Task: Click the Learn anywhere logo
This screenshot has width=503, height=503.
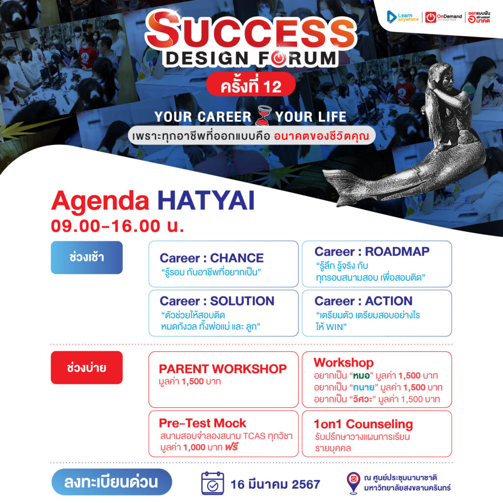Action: click(x=403, y=17)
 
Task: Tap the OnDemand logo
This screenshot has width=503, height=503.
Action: click(x=444, y=17)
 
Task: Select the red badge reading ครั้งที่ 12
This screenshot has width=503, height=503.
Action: click(x=251, y=84)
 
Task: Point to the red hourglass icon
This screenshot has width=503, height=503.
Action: click(x=263, y=116)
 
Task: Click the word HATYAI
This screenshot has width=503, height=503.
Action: click(x=206, y=201)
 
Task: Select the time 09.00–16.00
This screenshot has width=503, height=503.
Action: click(x=106, y=226)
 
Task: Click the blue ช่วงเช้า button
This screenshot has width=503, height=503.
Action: click(x=86, y=257)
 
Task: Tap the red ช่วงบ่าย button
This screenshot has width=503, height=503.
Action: click(x=86, y=367)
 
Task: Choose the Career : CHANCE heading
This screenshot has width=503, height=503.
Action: click(x=212, y=258)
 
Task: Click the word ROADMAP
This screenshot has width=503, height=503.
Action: click(x=397, y=251)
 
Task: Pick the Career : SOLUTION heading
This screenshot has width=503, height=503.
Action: click(x=217, y=301)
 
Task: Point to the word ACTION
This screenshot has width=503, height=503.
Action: click(x=389, y=301)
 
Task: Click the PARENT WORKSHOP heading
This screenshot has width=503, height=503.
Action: click(x=223, y=369)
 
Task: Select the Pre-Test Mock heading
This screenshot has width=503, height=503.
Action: click(x=202, y=423)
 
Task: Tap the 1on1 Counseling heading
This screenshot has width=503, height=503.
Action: click(x=363, y=424)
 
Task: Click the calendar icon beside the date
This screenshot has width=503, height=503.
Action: click(x=212, y=483)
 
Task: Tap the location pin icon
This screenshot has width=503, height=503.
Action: click(x=354, y=482)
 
